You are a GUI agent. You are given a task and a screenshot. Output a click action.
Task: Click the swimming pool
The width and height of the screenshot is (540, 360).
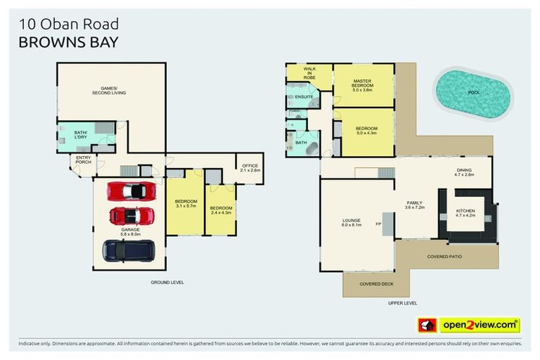tap(472, 92)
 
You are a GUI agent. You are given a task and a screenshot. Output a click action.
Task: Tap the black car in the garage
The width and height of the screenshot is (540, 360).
tap(129, 250)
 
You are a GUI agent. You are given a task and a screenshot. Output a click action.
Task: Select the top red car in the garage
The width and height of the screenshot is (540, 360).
tap(131, 191)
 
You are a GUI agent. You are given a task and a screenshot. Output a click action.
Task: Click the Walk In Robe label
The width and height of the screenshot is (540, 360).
tap(309, 72)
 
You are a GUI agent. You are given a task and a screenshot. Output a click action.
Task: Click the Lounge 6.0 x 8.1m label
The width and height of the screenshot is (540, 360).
tap(352, 223)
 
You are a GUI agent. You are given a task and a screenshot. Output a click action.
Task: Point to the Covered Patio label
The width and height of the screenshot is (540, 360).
tap(444, 257)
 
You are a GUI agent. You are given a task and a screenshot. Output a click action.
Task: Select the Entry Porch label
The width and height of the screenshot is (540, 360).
tap(84, 160)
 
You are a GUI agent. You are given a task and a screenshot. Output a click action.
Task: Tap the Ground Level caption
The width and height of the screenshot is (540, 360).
tap(167, 282)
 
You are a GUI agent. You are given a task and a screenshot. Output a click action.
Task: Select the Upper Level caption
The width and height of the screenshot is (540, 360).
tap(402, 303)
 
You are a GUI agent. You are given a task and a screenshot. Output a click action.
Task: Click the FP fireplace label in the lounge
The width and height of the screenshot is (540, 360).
tap(378, 224)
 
